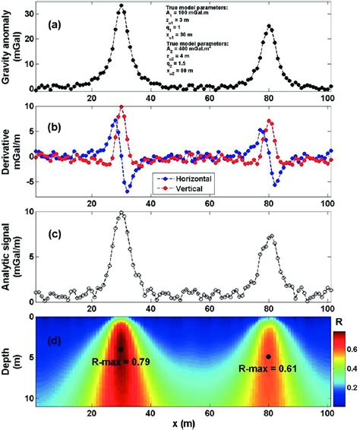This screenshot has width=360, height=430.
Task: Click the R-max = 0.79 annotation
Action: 120,362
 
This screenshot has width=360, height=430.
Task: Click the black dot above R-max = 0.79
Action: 121,349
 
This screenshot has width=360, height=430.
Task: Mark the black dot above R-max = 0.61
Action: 267,356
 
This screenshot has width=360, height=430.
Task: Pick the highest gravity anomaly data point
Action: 121,6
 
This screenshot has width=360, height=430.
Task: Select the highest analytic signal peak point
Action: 121,213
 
